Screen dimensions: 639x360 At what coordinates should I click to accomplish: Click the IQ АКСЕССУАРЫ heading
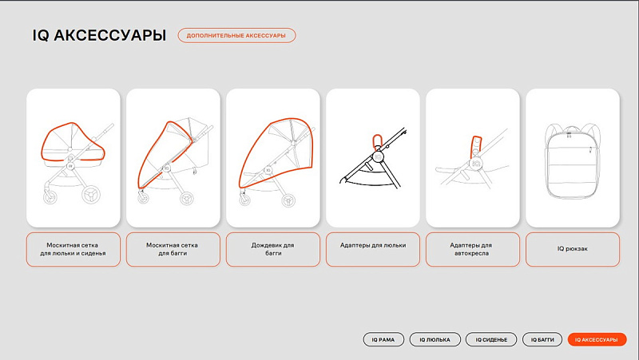coord(99,35)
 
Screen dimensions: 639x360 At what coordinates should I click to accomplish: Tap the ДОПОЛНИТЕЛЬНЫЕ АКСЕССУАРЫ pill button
coord(236,35)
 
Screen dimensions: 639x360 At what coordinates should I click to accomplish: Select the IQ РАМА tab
coord(383,339)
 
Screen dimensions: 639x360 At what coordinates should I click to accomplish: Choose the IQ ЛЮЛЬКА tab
coord(435,339)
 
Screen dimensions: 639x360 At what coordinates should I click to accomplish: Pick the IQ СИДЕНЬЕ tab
coord(491,339)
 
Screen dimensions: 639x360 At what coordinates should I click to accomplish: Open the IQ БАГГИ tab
coord(542,339)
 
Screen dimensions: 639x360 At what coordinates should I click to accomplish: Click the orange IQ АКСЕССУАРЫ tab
coord(597,339)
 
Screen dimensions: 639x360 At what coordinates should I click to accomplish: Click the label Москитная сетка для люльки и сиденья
coord(73,249)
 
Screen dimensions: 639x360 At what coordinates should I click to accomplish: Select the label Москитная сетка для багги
coord(173,249)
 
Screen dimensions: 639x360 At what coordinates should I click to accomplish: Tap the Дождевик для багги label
coord(272,249)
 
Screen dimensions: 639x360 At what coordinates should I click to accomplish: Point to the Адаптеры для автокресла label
coord(472,249)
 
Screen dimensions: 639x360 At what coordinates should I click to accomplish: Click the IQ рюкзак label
coord(572,249)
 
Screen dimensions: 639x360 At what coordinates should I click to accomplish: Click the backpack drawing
coord(572,160)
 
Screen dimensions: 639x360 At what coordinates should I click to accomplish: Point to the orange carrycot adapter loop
coord(377,142)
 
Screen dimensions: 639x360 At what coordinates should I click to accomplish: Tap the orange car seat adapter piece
coord(476,146)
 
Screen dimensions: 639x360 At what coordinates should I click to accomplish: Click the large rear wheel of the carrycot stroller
coord(90,194)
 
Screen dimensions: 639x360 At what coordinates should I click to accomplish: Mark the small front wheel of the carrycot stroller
coord(50,196)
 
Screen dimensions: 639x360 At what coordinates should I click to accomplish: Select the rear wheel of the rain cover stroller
coord(289,200)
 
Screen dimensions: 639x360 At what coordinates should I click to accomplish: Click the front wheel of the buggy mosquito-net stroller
coord(143,197)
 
